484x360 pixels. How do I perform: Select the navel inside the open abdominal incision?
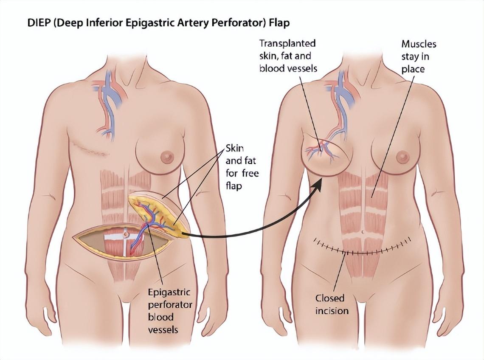126,234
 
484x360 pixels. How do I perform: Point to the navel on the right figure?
362,233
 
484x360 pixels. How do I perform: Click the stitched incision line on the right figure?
361,251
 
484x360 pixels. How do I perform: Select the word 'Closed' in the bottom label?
329,298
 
